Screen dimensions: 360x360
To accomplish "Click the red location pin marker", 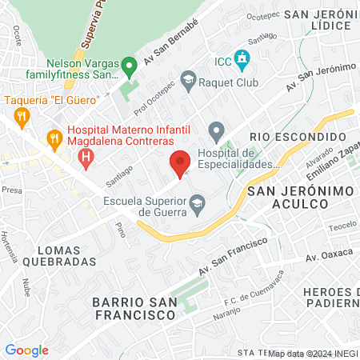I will pos(180,162).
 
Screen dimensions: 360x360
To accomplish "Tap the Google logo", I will pos(26,350).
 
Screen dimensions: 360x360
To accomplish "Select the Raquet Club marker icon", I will pos(188,78).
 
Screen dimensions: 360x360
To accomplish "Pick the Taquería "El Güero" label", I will pos(52,99).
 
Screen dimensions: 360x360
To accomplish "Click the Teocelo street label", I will pos(342,225).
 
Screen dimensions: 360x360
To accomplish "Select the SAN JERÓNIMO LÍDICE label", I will pos(318,21).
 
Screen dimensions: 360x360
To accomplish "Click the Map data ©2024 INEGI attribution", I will pos(313,353).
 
